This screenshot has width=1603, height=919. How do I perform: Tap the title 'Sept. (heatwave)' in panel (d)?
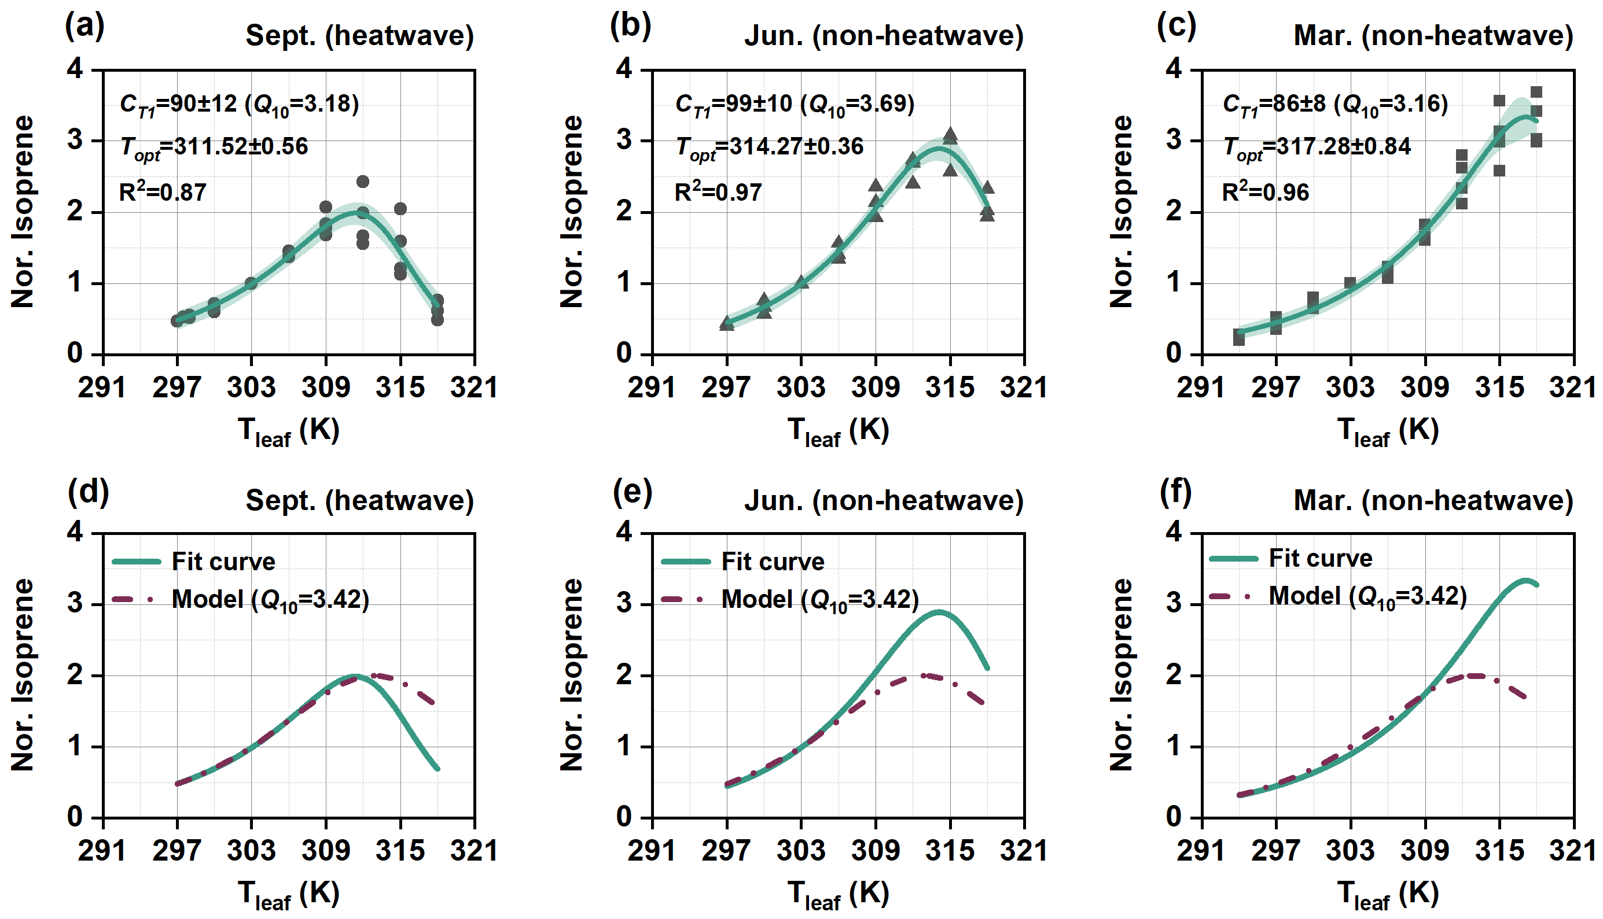[359, 500]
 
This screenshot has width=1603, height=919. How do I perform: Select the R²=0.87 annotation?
[162, 192]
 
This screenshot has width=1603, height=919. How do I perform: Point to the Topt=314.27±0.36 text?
[769, 147]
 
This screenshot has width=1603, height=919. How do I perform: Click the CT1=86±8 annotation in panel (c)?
[1334, 104]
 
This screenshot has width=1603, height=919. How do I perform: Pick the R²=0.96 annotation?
[1265, 192]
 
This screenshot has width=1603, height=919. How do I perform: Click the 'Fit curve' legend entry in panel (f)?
[1320, 558]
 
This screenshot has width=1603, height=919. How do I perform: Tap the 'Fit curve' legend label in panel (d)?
[223, 561]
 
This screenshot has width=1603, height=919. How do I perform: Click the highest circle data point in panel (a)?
[362, 182]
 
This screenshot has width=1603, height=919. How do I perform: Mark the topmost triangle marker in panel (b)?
[950, 134]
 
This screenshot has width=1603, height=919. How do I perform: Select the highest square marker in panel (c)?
[1536, 92]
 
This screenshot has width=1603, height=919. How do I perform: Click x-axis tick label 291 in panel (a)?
[102, 387]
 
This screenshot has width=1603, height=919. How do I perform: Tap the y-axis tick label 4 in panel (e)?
[624, 532]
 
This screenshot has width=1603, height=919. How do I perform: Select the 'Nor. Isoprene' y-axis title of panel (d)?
[23, 674]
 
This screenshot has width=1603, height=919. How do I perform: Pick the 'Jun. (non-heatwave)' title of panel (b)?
[883, 35]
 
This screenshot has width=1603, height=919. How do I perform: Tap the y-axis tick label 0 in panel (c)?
[1174, 353]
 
